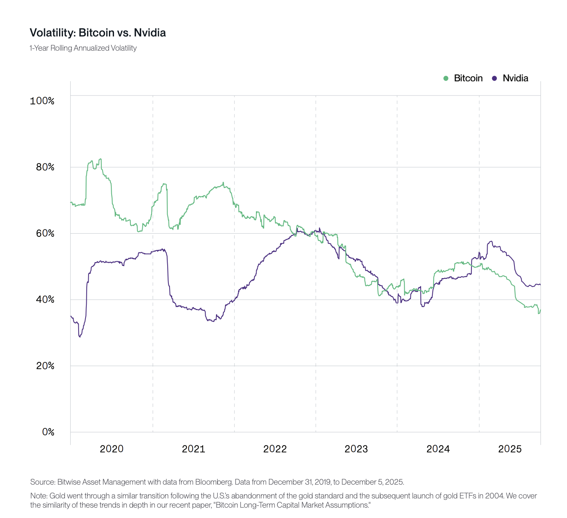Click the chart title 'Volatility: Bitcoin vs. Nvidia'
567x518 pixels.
98,33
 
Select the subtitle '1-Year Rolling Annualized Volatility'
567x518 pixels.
83,48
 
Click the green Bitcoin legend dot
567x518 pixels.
446,78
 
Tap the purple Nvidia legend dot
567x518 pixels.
494,78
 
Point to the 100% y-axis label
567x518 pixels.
42,101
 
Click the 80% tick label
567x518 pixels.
45,167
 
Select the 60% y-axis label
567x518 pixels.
45,233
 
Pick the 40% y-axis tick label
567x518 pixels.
45,299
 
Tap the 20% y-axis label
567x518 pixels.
45,366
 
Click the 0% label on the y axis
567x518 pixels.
48,432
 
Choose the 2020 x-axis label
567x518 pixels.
112,449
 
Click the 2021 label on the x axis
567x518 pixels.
193,449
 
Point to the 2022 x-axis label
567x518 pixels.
275,449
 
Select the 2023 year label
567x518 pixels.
356,449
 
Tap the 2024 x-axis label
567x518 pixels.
438,449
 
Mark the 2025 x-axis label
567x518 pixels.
510,449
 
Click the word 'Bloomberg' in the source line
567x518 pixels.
213,482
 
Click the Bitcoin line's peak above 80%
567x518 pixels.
100,159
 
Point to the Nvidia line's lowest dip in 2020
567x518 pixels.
80,337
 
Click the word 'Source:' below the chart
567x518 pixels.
43,482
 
